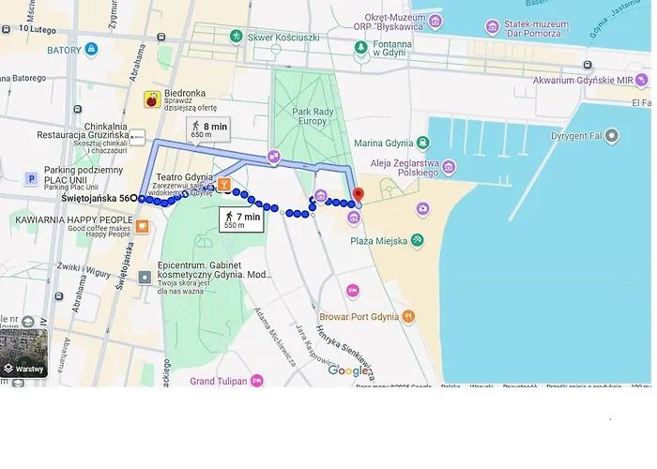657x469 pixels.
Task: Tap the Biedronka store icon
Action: pyautogui.click(x=151, y=99)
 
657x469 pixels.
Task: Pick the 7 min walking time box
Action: pyautogui.click(x=240, y=220)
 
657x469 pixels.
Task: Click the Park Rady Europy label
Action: pyautogui.click(x=313, y=117)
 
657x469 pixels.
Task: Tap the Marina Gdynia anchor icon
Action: pyautogui.click(x=423, y=143)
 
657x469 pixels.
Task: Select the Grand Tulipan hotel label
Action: pyautogui.click(x=218, y=381)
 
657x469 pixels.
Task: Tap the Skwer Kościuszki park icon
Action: pyautogui.click(x=236, y=36)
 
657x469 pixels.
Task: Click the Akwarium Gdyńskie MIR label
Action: pyautogui.click(x=590, y=81)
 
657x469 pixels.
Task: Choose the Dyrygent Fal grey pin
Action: pyautogui.click(x=613, y=136)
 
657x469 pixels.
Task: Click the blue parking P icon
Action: pyautogui.click(x=31, y=178)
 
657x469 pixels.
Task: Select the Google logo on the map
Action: pyautogui.click(x=348, y=371)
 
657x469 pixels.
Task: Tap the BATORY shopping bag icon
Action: pyautogui.click(x=91, y=50)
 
